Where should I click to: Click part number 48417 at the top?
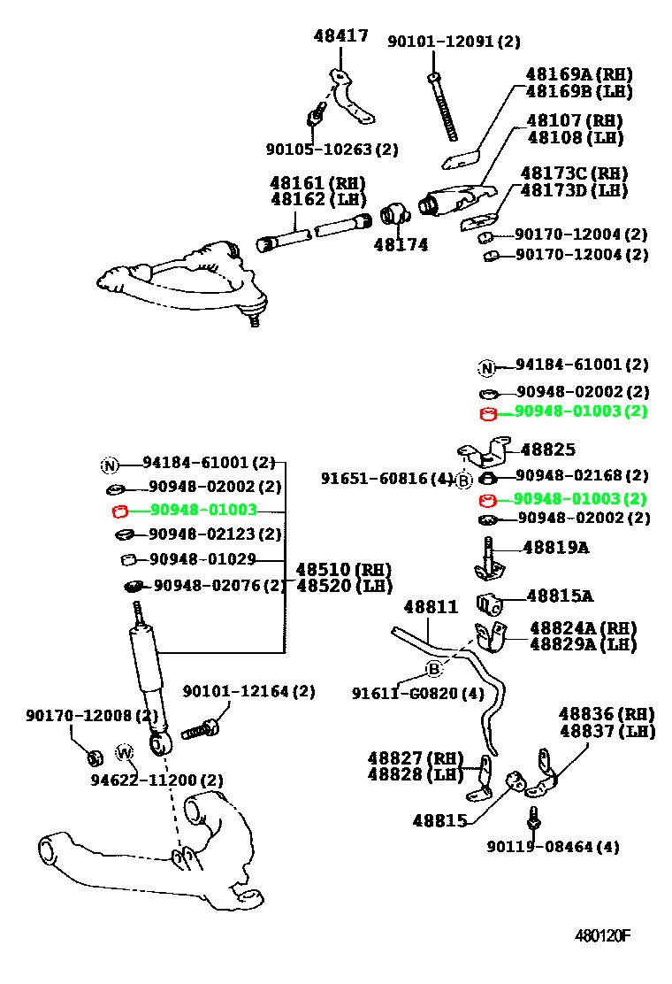[x=341, y=35]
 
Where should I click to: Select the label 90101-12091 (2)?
[x=454, y=42]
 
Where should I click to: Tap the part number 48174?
[x=401, y=245]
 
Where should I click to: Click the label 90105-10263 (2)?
[x=332, y=150]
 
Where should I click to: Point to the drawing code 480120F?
[x=602, y=935]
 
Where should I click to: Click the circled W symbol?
[x=125, y=752]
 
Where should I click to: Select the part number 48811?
[x=431, y=607]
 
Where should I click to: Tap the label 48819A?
[x=556, y=548]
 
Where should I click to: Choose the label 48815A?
[x=560, y=596]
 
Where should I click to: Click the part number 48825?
[x=548, y=450]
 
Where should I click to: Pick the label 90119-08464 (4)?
[x=553, y=847]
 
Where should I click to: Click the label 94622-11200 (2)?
[x=157, y=780]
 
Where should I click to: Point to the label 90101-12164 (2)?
[x=248, y=692]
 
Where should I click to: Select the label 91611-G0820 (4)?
[x=418, y=694]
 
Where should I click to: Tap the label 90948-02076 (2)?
[x=219, y=586]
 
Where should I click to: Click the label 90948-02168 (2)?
[x=582, y=475]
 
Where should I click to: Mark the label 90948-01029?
[x=202, y=559]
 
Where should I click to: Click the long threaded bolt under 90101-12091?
[x=443, y=107]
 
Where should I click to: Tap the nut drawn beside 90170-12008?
[x=94, y=757]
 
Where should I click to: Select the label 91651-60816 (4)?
[x=386, y=479]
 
